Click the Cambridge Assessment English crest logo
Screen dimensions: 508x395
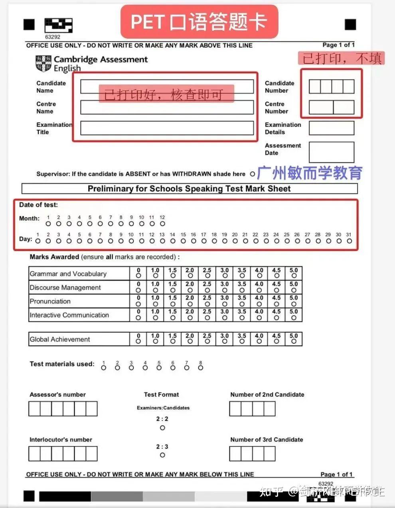[x=43, y=64]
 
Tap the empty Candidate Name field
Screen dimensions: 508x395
[x=167, y=86]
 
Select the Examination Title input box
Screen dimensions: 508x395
[x=167, y=128]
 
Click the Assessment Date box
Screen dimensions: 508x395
[x=331, y=152]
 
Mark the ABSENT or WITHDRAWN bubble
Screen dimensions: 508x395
[x=252, y=174]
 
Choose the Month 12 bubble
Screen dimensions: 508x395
[x=162, y=224]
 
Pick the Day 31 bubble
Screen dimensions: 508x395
[x=349, y=241]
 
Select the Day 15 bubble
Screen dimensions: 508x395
[x=183, y=241]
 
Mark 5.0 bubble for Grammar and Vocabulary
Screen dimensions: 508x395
[x=294, y=276]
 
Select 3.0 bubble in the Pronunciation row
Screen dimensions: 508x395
[x=225, y=304]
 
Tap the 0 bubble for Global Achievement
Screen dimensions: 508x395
[x=138, y=341]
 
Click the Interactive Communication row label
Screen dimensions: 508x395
[x=69, y=315]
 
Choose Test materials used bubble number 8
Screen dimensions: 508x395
[x=200, y=368]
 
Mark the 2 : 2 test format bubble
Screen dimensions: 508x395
[x=162, y=428]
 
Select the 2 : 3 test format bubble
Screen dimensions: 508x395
[x=162, y=455]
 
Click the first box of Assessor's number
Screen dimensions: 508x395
[x=34, y=409]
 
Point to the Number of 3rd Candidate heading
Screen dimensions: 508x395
[x=267, y=439]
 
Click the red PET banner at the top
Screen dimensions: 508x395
[x=199, y=22]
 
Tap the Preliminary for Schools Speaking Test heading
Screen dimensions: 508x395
[x=189, y=188]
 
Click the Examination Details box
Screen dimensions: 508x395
[x=331, y=128]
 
